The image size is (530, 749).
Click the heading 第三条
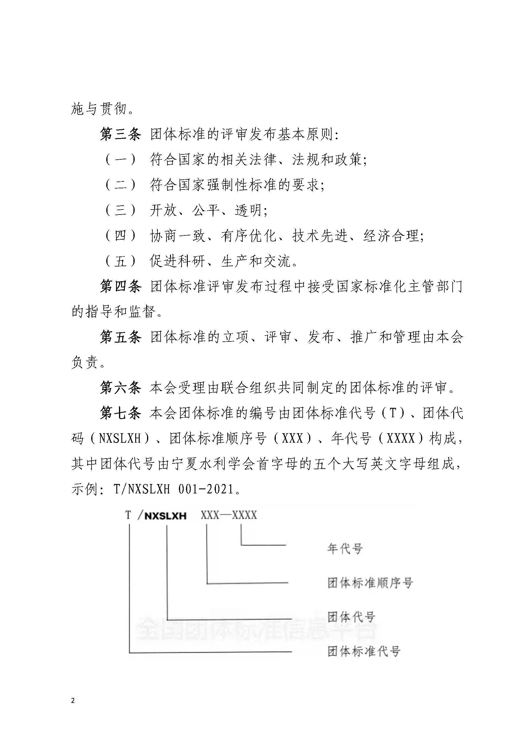coord(120,134)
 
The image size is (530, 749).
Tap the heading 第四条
coord(120,287)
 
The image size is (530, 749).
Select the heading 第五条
coord(120,337)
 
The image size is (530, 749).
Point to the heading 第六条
coord(120,387)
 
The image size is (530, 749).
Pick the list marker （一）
coord(120,160)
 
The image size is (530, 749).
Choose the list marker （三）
coord(120,210)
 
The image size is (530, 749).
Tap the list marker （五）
coord(120,261)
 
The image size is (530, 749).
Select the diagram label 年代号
coord(345,548)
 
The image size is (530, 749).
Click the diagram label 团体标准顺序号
coord(370,583)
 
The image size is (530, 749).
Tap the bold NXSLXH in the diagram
coord(165,516)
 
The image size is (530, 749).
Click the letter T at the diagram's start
coord(128,515)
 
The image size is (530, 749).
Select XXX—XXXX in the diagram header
coord(229,515)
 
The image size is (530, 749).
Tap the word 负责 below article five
coord(85,362)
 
